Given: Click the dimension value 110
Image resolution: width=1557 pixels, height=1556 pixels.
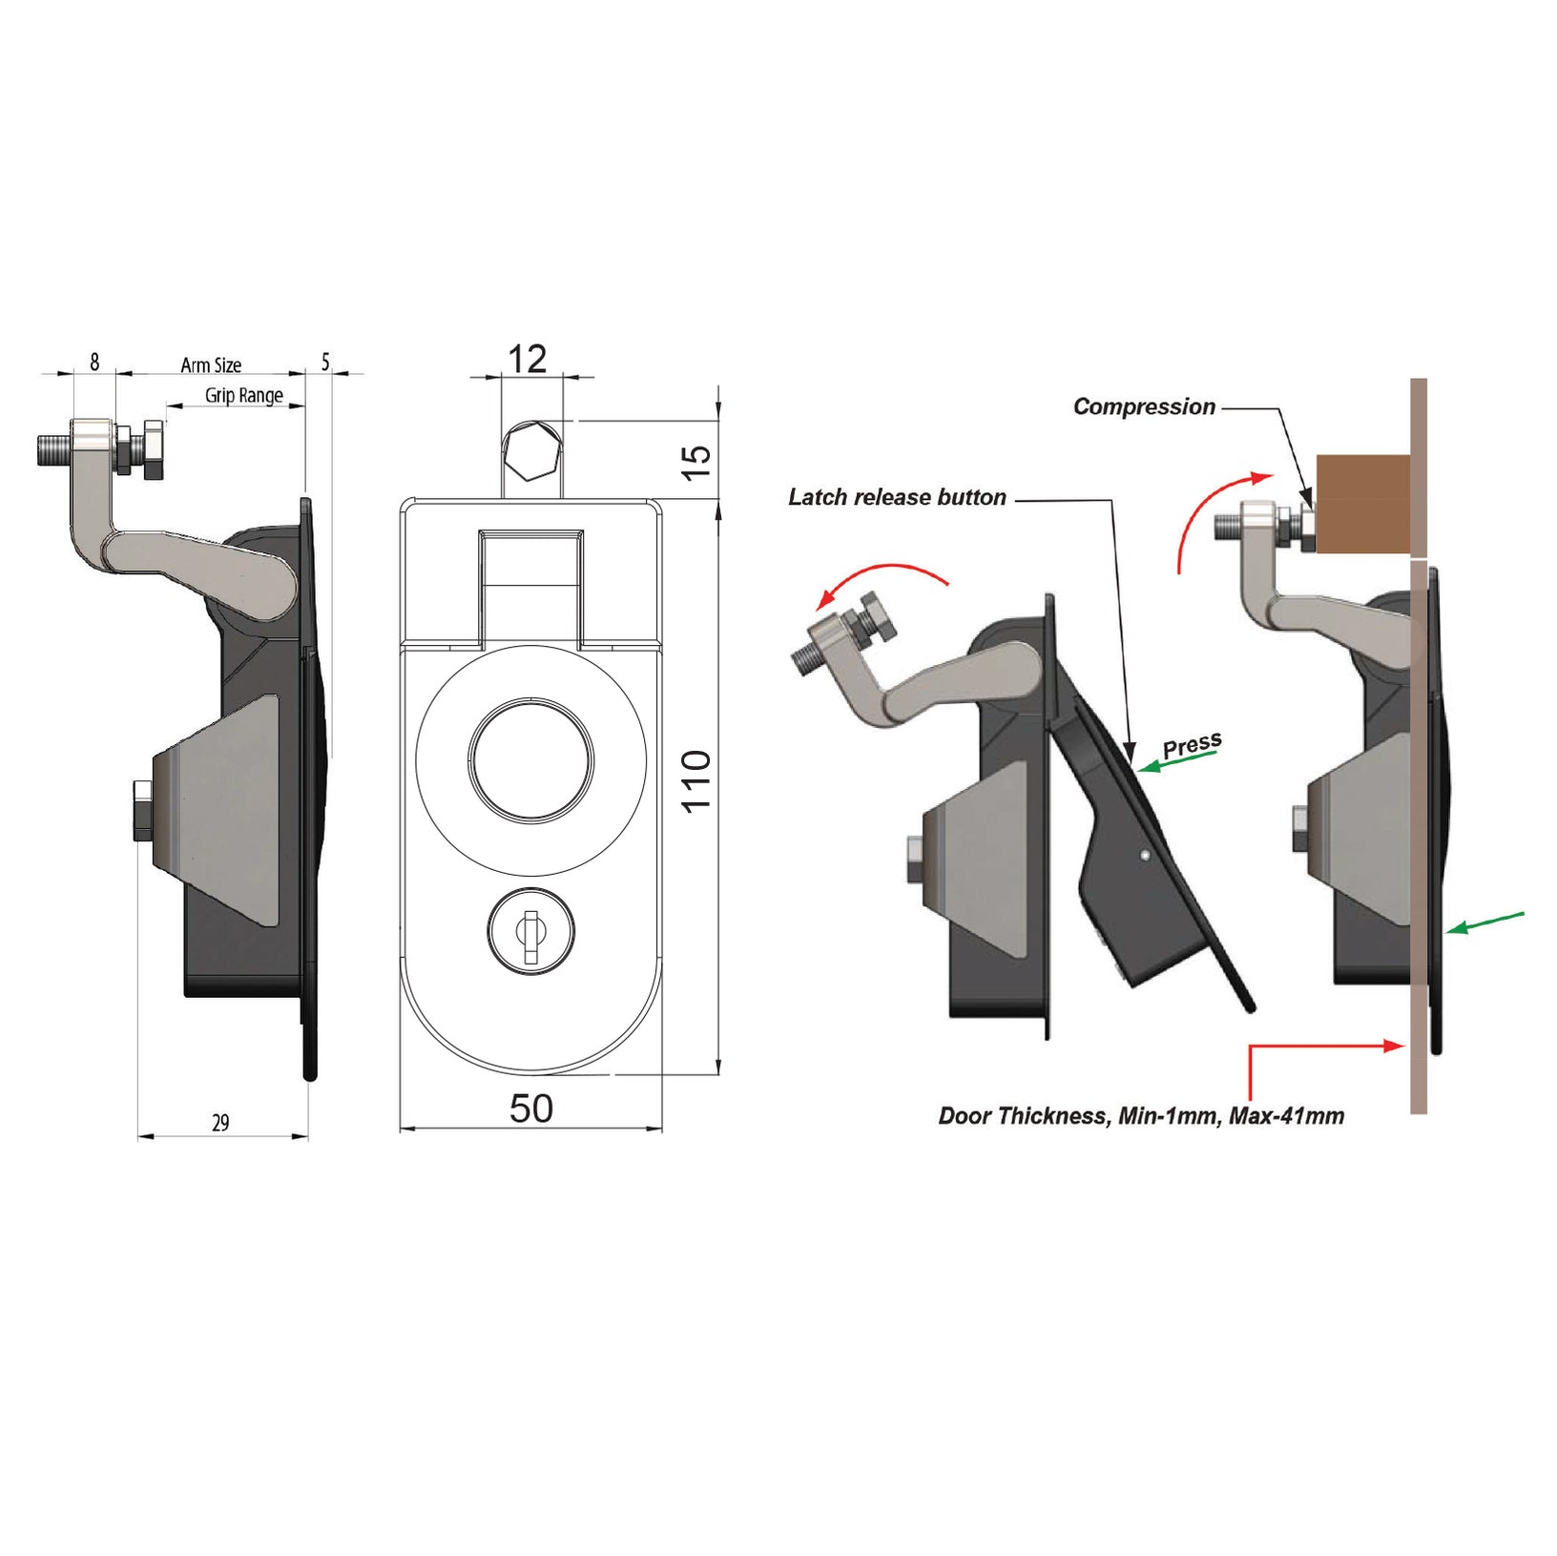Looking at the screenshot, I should (697, 780).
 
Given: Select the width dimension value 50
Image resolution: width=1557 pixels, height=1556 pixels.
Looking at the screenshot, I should (531, 1109).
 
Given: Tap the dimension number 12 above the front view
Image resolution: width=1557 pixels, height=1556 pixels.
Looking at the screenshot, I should (527, 360).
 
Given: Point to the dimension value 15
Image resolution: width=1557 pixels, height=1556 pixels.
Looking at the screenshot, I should (698, 462).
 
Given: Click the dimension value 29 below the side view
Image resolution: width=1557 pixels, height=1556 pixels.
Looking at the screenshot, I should (220, 1123).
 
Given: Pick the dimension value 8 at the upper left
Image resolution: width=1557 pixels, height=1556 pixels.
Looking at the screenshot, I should (94, 363).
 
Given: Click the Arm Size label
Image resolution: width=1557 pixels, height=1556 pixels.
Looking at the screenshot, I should (211, 365).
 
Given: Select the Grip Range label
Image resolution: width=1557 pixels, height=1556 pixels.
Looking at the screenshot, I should (244, 395).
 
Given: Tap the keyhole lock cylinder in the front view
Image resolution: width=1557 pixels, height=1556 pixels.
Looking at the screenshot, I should (530, 931).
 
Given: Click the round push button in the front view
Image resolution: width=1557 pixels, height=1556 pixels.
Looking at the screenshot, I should (530, 758).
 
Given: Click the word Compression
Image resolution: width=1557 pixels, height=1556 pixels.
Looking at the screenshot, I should (1144, 407).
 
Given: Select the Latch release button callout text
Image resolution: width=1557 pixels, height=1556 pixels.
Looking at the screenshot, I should (897, 498).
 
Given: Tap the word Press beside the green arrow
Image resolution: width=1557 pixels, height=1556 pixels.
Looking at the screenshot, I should (1192, 745).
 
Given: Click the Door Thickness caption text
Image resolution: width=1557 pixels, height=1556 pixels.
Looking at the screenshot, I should (1141, 1116).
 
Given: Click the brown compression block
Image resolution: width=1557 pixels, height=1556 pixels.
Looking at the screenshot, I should (1362, 504).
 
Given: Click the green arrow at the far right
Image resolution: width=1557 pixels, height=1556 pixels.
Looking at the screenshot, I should (1485, 922).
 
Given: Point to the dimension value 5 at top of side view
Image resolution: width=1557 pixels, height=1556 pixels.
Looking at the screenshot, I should (325, 363).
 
